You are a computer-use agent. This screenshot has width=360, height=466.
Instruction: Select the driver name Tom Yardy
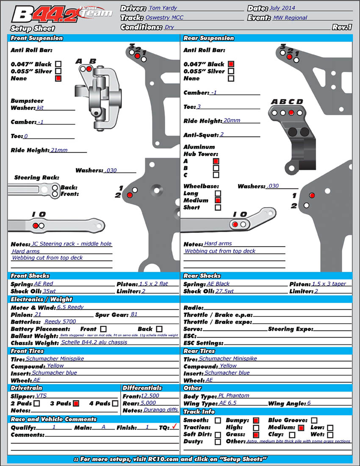click(x=163, y=8)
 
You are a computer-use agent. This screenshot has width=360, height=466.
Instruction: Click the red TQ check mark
click(x=173, y=427)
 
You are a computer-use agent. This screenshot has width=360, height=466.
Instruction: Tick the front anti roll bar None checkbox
click(x=58, y=78)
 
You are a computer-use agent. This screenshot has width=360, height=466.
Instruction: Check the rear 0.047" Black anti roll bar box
click(x=231, y=64)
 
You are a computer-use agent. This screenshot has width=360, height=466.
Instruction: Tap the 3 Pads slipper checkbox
click(x=76, y=403)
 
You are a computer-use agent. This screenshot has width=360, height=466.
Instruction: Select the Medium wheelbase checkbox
click(x=218, y=200)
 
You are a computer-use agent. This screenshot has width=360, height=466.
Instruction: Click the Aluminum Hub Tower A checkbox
click(x=216, y=161)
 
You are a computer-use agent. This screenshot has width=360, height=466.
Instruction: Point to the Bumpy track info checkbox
click(x=256, y=420)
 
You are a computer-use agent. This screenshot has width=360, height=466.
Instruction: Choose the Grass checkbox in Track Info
click(x=256, y=435)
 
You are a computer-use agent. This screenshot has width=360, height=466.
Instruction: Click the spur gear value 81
click(x=134, y=314)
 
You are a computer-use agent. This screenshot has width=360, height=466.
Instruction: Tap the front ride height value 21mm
click(x=59, y=150)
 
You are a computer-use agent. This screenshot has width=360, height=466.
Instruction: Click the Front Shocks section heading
click(x=30, y=276)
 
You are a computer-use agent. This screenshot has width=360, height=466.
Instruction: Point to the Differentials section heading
click(x=142, y=388)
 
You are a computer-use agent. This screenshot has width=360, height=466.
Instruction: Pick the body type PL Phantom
click(x=234, y=395)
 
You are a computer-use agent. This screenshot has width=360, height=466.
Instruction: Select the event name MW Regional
click(x=290, y=18)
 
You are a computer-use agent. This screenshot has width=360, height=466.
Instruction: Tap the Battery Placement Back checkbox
click(x=159, y=329)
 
